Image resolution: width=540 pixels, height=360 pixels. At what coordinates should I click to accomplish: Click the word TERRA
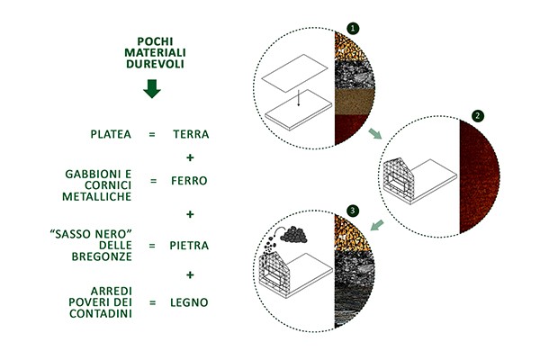[x=190, y=134]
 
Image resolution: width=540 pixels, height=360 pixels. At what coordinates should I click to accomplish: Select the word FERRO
[x=189, y=180]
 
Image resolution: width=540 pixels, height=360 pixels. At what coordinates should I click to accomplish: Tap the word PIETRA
[x=189, y=245]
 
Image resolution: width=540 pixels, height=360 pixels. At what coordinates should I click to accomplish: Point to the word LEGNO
[x=189, y=301]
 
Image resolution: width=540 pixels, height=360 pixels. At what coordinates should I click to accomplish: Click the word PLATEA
[x=111, y=134]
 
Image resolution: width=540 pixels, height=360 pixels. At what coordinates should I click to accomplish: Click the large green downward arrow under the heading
[x=152, y=89]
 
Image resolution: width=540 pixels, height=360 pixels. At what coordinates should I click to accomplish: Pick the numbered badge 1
[x=353, y=29]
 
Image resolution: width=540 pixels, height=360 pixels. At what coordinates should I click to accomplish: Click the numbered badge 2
[x=479, y=117]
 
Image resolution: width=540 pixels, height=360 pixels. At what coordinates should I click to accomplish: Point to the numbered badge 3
[x=353, y=211]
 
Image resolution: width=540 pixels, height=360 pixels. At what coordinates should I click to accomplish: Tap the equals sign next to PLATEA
[x=152, y=134]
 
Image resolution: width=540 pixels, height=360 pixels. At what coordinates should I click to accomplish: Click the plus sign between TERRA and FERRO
[x=189, y=157]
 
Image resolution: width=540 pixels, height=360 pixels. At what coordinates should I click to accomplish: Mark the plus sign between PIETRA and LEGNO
[x=189, y=274]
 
